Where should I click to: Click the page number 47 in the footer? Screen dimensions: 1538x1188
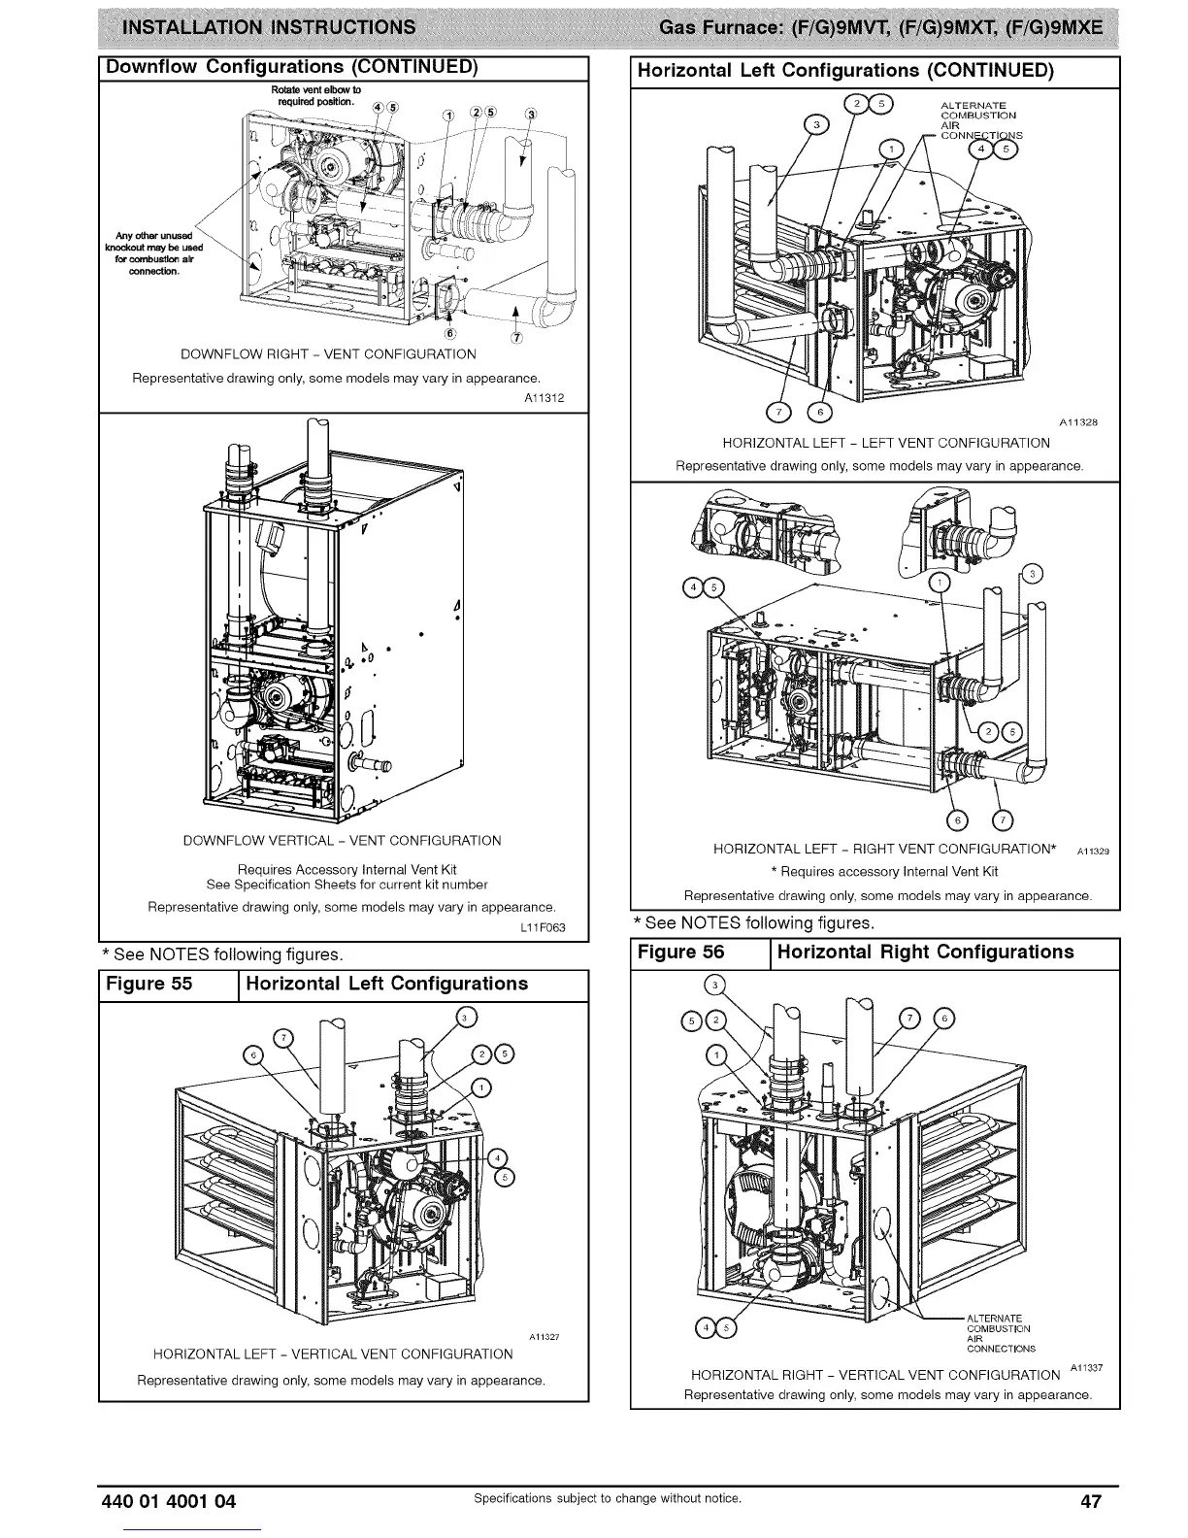(1091, 1501)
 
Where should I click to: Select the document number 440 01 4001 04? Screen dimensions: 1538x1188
(169, 1501)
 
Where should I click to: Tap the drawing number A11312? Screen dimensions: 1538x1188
(544, 398)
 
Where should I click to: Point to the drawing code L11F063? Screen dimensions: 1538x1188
(542, 927)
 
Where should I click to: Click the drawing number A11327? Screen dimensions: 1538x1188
(545, 1337)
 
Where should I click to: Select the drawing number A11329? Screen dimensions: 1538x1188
(1093, 851)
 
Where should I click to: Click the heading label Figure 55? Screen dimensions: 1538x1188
(149, 984)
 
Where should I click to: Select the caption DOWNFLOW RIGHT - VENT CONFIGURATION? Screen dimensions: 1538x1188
(329, 354)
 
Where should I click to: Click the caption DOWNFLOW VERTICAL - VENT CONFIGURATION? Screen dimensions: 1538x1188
(343, 841)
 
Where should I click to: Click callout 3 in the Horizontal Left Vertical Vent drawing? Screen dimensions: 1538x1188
(466, 1018)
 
